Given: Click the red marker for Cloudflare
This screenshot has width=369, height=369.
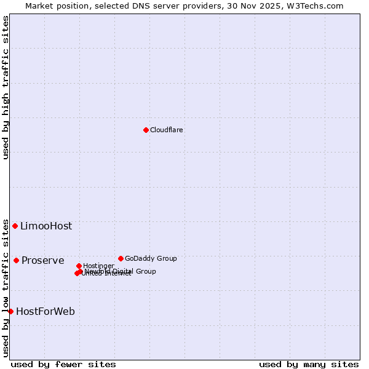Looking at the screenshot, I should coord(146,130).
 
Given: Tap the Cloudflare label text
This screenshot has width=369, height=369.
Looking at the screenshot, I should coord(167,130).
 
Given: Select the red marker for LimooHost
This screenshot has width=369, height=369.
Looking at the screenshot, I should coord(15,226).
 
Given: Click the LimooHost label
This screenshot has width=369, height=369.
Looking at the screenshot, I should coord(46,226).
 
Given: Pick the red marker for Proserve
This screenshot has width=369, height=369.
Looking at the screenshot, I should coord(17,260).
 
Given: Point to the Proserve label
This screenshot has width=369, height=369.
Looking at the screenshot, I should coord(43,260).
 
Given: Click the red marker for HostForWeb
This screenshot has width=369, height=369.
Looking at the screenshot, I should coord(10,311).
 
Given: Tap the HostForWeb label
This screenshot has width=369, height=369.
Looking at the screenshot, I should coord(46,311).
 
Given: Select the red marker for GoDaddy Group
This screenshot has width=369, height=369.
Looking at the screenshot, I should coord(121,258).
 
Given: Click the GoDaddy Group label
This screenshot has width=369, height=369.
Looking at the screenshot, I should coord(151,258).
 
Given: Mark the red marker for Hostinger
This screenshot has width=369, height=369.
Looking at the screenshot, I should coord(79,266).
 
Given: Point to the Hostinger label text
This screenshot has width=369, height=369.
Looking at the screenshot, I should coord(98,266).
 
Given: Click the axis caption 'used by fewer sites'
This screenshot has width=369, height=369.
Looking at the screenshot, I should coord(63,364).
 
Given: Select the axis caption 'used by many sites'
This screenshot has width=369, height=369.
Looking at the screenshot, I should coord(309,364).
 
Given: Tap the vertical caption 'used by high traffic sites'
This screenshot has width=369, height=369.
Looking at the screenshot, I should coord(6,87).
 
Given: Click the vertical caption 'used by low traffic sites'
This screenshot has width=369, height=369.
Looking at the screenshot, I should coord(6,288).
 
